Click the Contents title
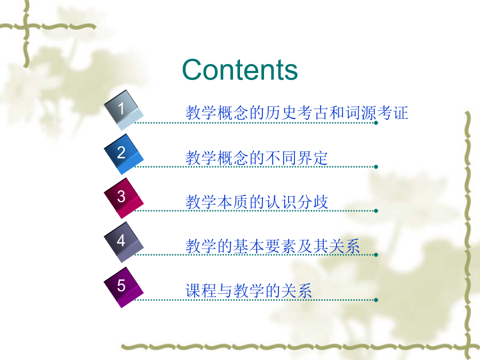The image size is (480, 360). pyautogui.click(x=239, y=70)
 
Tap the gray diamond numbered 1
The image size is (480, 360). pyautogui.click(x=124, y=110)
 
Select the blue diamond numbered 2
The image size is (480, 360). pyautogui.click(x=124, y=154)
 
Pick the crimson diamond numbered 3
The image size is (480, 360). pyautogui.click(x=124, y=198)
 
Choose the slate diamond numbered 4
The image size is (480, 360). pyautogui.click(x=124, y=243)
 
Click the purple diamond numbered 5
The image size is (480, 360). pyautogui.click(x=124, y=287)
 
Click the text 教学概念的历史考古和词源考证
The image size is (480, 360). pyautogui.click(x=297, y=113)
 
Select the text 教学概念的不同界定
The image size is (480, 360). pyautogui.click(x=257, y=158)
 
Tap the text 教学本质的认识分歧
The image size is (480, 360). pyautogui.click(x=257, y=202)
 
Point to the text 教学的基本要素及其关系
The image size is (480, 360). pyautogui.click(x=273, y=246)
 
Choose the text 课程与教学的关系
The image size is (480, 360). pyautogui.click(x=249, y=291)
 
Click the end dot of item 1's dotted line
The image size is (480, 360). pyautogui.click(x=376, y=123)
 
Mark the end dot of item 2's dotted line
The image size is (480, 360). pyautogui.click(x=376, y=167)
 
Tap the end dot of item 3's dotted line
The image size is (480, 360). pyautogui.click(x=376, y=211)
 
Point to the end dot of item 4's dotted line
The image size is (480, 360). pyautogui.click(x=376, y=255)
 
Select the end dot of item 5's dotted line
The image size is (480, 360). pyautogui.click(x=376, y=300)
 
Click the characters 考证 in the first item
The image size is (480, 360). pyautogui.click(x=393, y=113)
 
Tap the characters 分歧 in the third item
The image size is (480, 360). pyautogui.click(x=313, y=202)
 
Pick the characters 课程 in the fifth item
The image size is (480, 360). pyautogui.click(x=201, y=291)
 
